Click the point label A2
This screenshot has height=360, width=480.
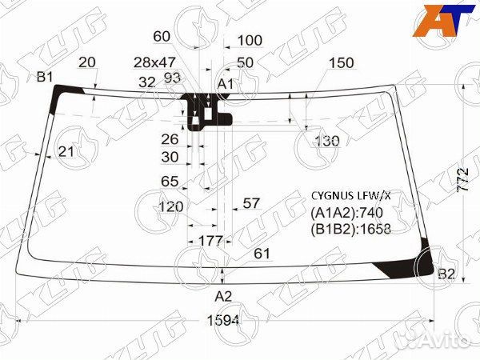(222, 296)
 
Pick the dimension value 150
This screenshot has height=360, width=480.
(342, 63)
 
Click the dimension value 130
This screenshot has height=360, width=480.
(326, 141)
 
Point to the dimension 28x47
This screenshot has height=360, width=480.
(154, 62)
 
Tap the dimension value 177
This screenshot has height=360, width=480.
(210, 241)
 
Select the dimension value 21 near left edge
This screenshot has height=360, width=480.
(66, 151)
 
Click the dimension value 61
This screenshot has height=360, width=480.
(262, 254)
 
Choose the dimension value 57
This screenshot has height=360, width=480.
(251, 203)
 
